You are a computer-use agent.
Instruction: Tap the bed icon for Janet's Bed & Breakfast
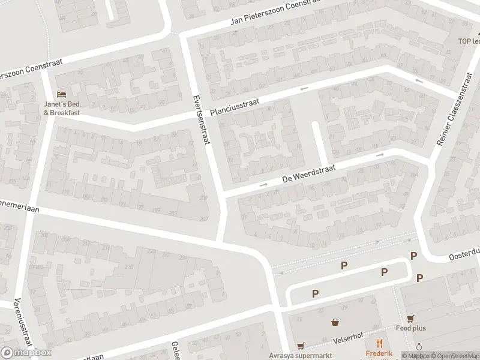61,94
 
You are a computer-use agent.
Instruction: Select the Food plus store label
410,328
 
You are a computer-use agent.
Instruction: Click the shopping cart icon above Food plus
410,318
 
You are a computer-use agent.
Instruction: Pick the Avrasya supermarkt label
301,355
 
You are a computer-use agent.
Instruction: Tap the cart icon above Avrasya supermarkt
301,346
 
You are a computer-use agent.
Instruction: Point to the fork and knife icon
379,343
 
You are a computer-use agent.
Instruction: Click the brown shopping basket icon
335,322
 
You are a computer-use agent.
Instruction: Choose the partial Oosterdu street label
464,255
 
